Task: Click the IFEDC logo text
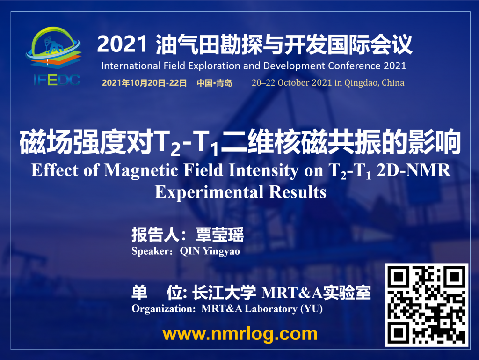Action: pos(57,80)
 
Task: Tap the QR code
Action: pos(427,305)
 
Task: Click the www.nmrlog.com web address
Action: pos(240,334)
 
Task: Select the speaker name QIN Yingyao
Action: pos(210,251)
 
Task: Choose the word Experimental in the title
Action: pos(209,192)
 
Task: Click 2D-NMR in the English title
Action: pos(414,170)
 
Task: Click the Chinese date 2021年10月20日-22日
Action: pos(144,83)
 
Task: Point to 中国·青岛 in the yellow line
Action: pos(214,83)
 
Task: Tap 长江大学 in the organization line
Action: pos(224,293)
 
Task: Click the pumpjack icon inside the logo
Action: pos(52,45)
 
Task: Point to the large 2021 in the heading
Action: pos(123,44)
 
